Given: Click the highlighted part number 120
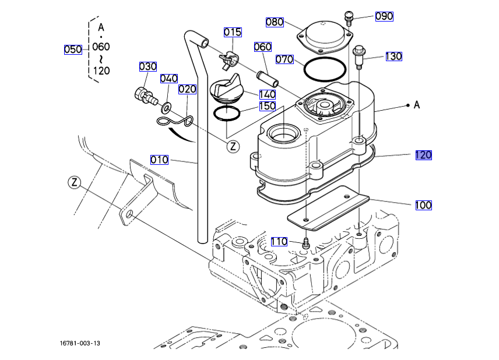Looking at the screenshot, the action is pos(424,155).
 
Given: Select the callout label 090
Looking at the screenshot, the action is pos(384,16).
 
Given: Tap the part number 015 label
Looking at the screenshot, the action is pos(233,32).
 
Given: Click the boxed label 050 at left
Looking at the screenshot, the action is pos(73,50).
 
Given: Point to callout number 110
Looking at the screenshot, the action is pos(279,242).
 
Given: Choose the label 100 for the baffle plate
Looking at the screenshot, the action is pos(424,205).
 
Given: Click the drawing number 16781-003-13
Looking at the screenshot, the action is pos(80,343).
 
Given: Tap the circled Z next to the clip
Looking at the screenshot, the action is pos(233,147).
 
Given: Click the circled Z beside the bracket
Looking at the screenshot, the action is pos(75,182).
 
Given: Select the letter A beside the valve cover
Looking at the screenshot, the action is pos(417,105).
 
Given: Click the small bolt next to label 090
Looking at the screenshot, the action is pos(349,19).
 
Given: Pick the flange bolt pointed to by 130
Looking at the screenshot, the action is pos(359,57).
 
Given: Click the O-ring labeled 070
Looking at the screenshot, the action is pos(325,69).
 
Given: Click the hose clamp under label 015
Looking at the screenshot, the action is pos(228,60).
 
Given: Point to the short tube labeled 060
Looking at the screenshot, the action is pos(268,79).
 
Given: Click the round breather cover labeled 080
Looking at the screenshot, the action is pos(324,38).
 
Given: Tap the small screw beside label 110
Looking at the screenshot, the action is pos(307,243).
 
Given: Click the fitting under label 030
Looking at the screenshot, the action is pos(146,96).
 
